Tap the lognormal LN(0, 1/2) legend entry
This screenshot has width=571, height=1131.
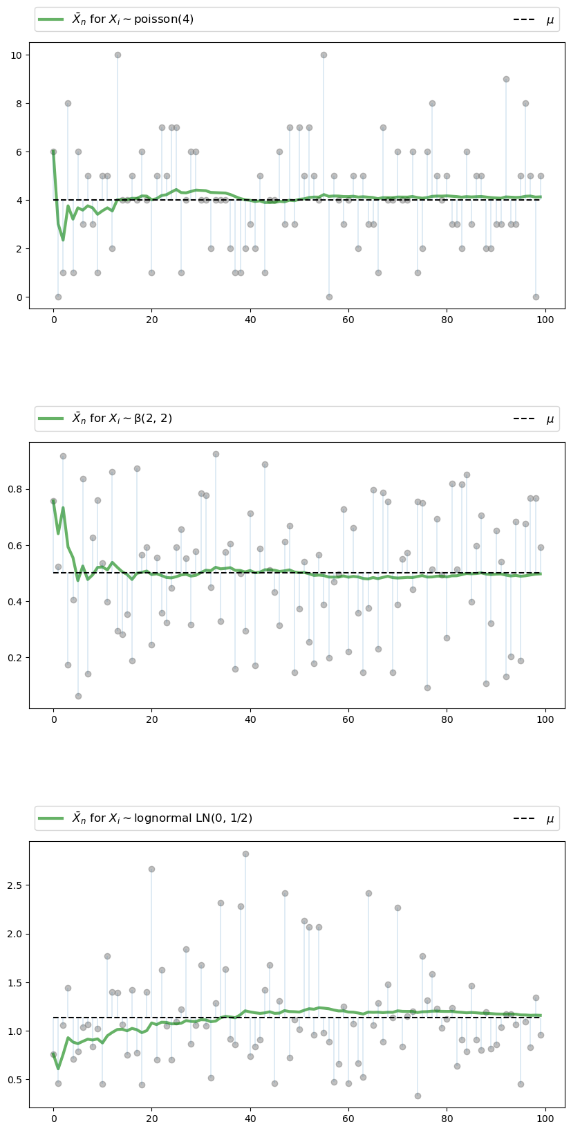[x=144, y=818]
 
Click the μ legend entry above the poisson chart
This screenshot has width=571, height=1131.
[x=533, y=20]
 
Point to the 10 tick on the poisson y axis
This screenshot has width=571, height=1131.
[x=19, y=55]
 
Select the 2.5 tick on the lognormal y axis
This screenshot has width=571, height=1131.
[x=17, y=885]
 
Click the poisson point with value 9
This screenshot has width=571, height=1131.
[x=506, y=79]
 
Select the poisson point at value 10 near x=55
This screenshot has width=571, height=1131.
[x=324, y=55]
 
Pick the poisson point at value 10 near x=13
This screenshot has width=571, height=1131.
[x=118, y=55]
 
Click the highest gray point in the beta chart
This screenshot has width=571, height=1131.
[x=216, y=454]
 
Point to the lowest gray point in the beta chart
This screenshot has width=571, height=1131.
[x=78, y=696]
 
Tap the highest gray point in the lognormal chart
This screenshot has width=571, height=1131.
[x=245, y=854]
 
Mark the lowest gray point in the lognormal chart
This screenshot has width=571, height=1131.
[x=418, y=1096]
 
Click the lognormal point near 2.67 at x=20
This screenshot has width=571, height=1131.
[x=151, y=869]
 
